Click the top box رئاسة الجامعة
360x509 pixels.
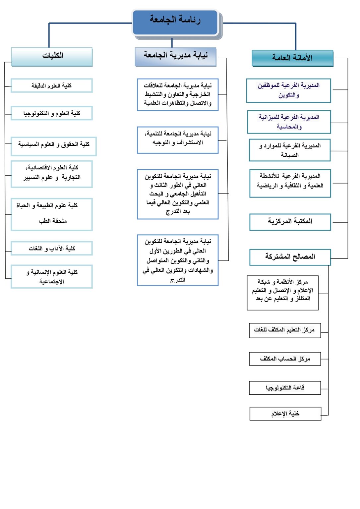tap(175, 22)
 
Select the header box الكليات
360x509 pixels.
tap(52, 57)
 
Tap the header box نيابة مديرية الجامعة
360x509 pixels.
tap(176, 57)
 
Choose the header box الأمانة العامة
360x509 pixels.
tap(292, 59)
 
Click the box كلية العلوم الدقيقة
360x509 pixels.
tap(52, 85)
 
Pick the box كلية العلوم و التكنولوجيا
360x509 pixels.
tap(52, 113)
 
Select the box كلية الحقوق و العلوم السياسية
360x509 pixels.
tap(54, 144)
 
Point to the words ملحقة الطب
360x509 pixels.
tap(53, 221)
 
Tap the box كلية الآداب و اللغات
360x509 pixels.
tap(52, 248)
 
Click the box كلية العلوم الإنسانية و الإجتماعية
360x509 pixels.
tap(52, 277)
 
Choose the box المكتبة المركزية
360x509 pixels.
tap(290, 222)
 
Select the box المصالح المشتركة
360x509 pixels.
tap(290, 257)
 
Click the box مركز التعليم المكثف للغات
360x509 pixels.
tap(285, 330)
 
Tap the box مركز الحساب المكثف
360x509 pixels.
tap(285, 359)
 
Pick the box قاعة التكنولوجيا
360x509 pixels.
tap(285, 388)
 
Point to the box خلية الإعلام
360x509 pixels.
tap(285, 414)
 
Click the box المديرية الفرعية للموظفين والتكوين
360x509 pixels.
tap(289, 90)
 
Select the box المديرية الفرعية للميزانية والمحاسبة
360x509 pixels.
tap(289, 122)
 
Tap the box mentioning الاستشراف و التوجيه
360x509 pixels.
tap(178, 140)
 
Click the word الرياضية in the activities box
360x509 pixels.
tap(267, 186)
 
